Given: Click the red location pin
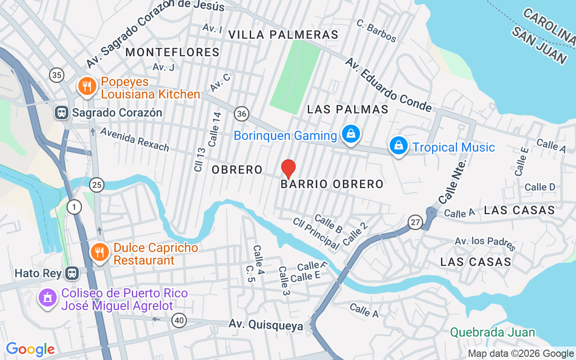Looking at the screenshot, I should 288,169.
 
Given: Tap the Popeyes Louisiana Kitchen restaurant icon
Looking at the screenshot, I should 85,86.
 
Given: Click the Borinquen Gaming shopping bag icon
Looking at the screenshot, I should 351,134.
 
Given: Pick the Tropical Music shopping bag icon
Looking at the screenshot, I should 398,146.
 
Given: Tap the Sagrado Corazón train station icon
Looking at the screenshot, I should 61,112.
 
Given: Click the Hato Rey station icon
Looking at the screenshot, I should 71,273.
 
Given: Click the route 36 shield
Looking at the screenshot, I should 242,114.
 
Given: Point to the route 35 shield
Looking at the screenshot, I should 57,75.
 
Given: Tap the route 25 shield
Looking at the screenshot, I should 96,184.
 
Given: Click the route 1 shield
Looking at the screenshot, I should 74,207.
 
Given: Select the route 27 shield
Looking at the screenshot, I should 415,222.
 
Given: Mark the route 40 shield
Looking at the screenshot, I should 179,320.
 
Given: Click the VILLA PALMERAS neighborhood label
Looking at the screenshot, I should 283,35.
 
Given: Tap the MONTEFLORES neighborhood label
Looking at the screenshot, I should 172,52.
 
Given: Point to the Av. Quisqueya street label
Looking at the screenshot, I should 265,325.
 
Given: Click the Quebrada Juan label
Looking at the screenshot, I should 493,333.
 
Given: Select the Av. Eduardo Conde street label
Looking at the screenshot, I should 388,84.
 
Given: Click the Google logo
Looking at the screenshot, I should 30,349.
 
